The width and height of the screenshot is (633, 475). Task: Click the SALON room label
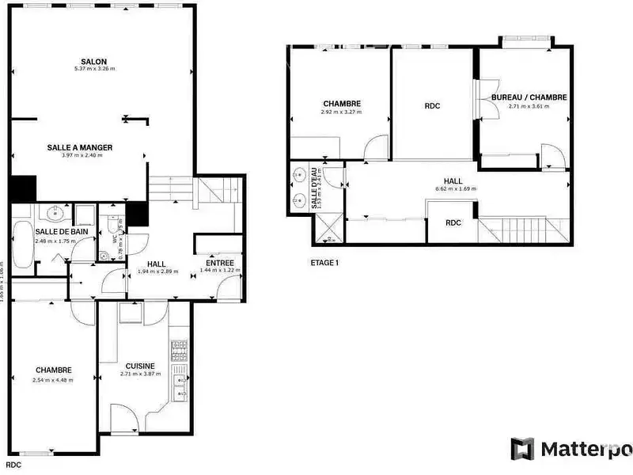pyautogui.click(x=93, y=61)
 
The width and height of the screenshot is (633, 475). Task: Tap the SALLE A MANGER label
pyautogui.click(x=79, y=147)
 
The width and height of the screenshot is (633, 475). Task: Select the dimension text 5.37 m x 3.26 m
pyautogui.click(x=93, y=70)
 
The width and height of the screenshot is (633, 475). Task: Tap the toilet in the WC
pyautogui.click(x=104, y=255)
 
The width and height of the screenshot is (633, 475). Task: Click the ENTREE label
pyautogui.click(x=219, y=263)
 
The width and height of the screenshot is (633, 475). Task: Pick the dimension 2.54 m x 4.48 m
pyautogui.click(x=53, y=380)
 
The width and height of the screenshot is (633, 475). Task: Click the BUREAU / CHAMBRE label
pyautogui.click(x=529, y=97)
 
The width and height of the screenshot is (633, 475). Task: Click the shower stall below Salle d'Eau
pyautogui.click(x=329, y=229)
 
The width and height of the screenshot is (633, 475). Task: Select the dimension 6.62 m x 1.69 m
pyautogui.click(x=453, y=189)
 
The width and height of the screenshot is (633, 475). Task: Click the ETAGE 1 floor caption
pyautogui.click(x=324, y=262)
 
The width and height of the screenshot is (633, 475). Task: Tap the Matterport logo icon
pyautogui.click(x=522, y=450)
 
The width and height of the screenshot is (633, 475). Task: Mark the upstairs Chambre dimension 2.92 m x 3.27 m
pyautogui.click(x=342, y=112)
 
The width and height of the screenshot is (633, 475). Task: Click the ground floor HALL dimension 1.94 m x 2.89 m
pyautogui.click(x=158, y=271)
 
